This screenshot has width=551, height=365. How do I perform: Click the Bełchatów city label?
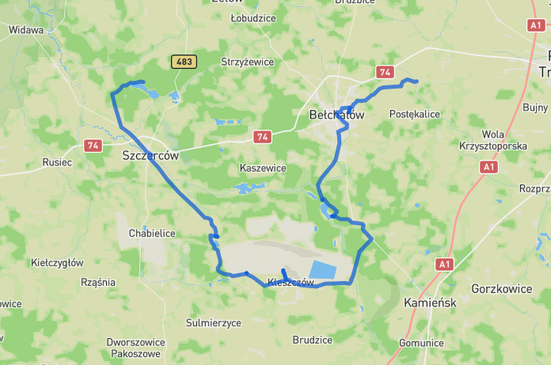tap(336, 115)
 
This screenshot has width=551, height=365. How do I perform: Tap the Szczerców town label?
tap(150, 156)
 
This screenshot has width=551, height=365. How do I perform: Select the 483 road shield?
tap(183, 61)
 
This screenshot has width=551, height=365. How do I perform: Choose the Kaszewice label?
tap(262, 169)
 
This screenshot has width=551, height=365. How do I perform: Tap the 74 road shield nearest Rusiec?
tap(93, 146)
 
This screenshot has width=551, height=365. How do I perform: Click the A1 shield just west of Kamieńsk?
tap(444, 264)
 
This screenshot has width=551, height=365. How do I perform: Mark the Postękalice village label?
tap(414, 114)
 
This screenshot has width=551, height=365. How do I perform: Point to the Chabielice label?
tap(151, 234)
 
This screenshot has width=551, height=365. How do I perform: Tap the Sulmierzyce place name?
tap(213, 323)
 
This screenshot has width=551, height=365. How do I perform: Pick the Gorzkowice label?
tap(501, 289)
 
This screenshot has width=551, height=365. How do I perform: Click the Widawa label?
tap(25, 30)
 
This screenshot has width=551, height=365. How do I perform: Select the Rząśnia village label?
tap(98, 282)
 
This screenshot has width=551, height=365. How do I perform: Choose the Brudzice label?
tap(312, 340)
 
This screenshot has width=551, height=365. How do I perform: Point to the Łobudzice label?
tap(252, 17)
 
